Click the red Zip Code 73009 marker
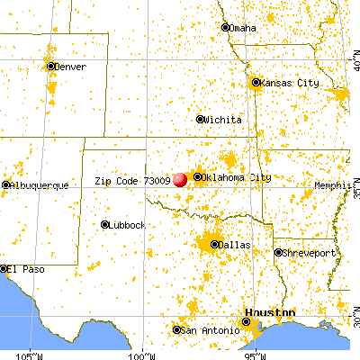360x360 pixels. click(180, 178)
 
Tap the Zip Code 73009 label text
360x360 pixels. click(132, 180)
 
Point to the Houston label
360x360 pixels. click(270, 312)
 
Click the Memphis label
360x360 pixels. click(332, 185)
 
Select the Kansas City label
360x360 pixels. click(290, 83)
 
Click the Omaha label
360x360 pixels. click(244, 27)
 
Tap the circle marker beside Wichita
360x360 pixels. click(200, 119)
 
